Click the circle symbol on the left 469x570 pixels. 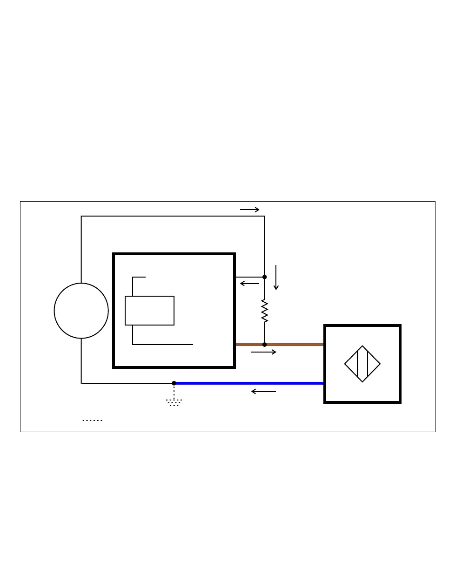click(81, 311)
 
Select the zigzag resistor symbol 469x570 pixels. click(265, 311)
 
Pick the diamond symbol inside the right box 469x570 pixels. click(362, 364)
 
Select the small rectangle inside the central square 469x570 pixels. click(149, 311)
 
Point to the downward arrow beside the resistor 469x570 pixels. click(276, 278)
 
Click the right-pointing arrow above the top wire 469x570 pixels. click(250, 210)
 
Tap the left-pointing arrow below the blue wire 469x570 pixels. click(263, 392)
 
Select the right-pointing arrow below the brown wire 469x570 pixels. click(263, 353)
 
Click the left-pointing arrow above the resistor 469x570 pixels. click(249, 284)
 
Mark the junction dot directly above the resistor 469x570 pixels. click(265, 277)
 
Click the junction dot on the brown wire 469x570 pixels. click(265, 345)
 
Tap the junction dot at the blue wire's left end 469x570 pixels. click(174, 383)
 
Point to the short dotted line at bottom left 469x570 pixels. click(92, 421)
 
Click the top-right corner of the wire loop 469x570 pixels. click(265, 216)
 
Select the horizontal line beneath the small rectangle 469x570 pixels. click(163, 345)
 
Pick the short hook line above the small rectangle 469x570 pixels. click(138, 278)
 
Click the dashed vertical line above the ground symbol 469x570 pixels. click(174, 392)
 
